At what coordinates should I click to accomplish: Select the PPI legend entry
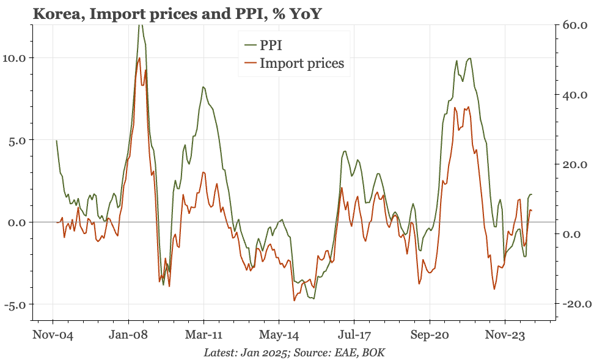point(263,45)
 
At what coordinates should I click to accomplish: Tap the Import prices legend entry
point(294,64)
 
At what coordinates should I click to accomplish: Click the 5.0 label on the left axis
point(16,140)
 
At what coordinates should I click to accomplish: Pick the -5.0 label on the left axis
point(15,304)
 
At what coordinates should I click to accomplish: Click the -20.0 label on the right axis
point(576,304)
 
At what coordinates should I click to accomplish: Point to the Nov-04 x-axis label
point(53,335)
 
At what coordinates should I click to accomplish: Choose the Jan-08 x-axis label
point(128,335)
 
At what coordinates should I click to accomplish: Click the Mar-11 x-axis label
point(204,335)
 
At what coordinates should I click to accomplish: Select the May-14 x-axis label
point(279,335)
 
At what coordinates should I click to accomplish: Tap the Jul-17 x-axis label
point(354,335)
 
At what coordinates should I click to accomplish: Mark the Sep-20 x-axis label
point(430,335)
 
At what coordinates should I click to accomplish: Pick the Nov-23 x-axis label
point(505,335)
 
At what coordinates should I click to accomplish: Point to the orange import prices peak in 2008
point(139,58)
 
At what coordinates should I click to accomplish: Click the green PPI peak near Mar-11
point(204,87)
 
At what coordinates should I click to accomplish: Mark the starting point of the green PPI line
point(56,141)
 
